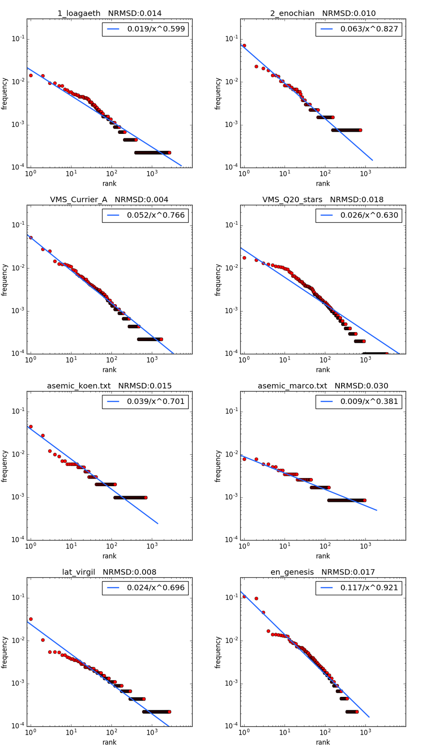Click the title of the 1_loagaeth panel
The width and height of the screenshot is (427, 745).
[x=109, y=13]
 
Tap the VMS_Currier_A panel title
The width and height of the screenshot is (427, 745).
[x=109, y=200]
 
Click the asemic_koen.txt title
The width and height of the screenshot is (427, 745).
[x=109, y=386]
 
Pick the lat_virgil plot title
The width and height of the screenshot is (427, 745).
[x=109, y=572]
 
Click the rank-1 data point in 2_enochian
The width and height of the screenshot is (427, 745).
[x=244, y=46]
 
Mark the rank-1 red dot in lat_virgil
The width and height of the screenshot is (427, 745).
[x=31, y=619]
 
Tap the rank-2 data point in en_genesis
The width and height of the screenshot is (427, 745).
[x=256, y=599]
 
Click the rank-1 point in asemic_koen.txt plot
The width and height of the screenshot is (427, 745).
[x=31, y=426]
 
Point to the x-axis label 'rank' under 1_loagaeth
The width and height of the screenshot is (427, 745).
[x=109, y=183]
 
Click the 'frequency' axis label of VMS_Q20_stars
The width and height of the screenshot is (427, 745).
[x=218, y=279]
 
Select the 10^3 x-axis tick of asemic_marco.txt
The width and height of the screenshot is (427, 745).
[x=365, y=546]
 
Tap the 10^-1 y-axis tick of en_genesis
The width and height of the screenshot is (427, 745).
[x=232, y=597]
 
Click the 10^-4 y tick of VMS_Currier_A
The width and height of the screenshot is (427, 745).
[x=18, y=354]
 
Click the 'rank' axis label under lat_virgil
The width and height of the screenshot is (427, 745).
[x=109, y=742]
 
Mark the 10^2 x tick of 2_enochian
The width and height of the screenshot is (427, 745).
[x=325, y=174]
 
